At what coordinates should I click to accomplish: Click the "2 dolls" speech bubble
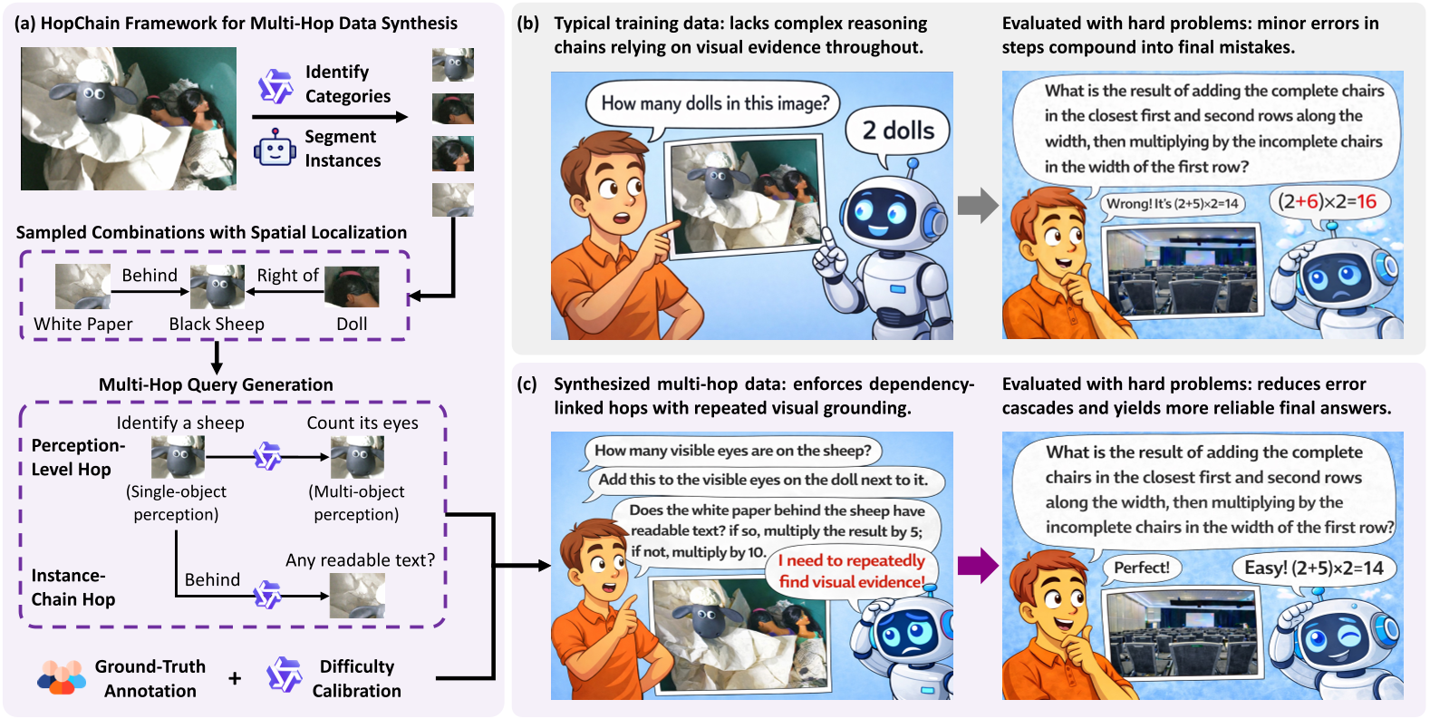(897, 131)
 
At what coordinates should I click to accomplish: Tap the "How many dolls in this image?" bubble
(714, 103)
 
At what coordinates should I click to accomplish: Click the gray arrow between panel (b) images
(977, 206)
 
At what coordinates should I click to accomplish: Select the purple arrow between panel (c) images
(977, 566)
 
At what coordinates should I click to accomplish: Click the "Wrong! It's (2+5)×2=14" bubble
(1172, 203)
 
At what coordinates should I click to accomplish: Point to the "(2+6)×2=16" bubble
(1327, 201)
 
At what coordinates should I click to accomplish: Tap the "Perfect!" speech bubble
(1141, 568)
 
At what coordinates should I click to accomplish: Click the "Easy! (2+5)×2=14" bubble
(1313, 568)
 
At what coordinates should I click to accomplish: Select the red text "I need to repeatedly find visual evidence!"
(851, 571)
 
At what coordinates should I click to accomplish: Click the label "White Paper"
(83, 324)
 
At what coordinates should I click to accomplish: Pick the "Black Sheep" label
(217, 324)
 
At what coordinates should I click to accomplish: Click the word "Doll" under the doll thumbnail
(352, 324)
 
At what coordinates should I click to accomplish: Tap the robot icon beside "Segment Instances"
(275, 148)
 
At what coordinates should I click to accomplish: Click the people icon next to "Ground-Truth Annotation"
(62, 677)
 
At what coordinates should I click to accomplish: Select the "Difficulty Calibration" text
(356, 678)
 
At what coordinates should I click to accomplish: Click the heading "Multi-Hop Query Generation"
(216, 384)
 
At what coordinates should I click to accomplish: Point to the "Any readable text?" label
(360, 559)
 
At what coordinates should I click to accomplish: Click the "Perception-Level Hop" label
(77, 457)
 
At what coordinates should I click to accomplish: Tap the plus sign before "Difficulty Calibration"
(235, 678)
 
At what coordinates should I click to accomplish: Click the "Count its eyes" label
(362, 423)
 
